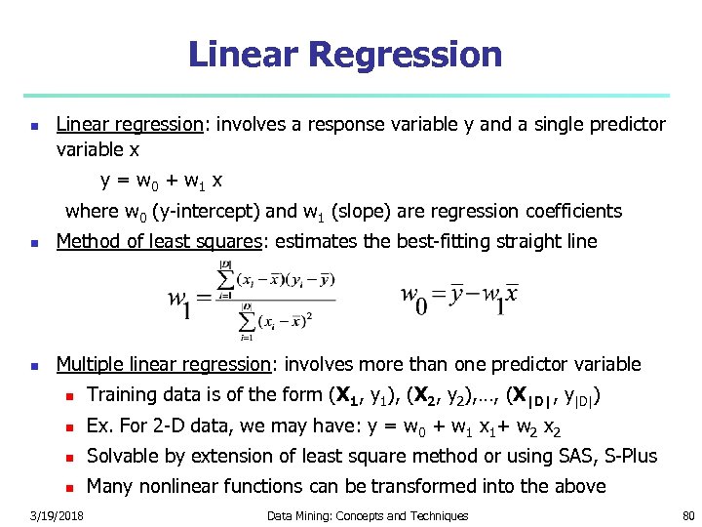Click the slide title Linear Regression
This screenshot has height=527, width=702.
345,55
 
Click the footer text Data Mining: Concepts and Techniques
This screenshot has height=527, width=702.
368,515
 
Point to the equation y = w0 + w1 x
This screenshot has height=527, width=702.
161,181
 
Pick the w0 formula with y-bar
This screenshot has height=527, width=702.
459,296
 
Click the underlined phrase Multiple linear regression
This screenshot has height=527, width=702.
163,364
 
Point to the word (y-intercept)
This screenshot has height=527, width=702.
205,212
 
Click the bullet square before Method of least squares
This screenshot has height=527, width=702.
34,243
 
